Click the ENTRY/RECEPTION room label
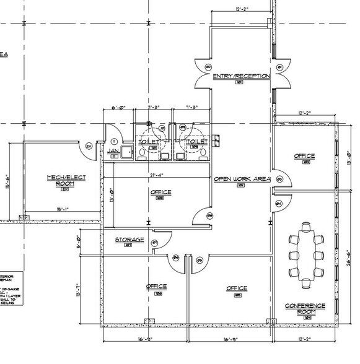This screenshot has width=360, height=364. [x=241, y=76]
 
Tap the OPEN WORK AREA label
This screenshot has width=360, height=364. [x=242, y=179]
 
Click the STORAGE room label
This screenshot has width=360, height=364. [x=129, y=240]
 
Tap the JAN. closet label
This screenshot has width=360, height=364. [x=113, y=150]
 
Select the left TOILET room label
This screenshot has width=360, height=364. [x=148, y=142]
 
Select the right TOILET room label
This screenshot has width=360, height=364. [x=196, y=142]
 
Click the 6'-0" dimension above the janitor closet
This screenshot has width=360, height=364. [x=118, y=108]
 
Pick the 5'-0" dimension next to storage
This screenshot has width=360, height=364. [x=79, y=239]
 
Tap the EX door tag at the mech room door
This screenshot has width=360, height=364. [x=89, y=146]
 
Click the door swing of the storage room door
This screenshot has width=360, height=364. [x=157, y=243]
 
